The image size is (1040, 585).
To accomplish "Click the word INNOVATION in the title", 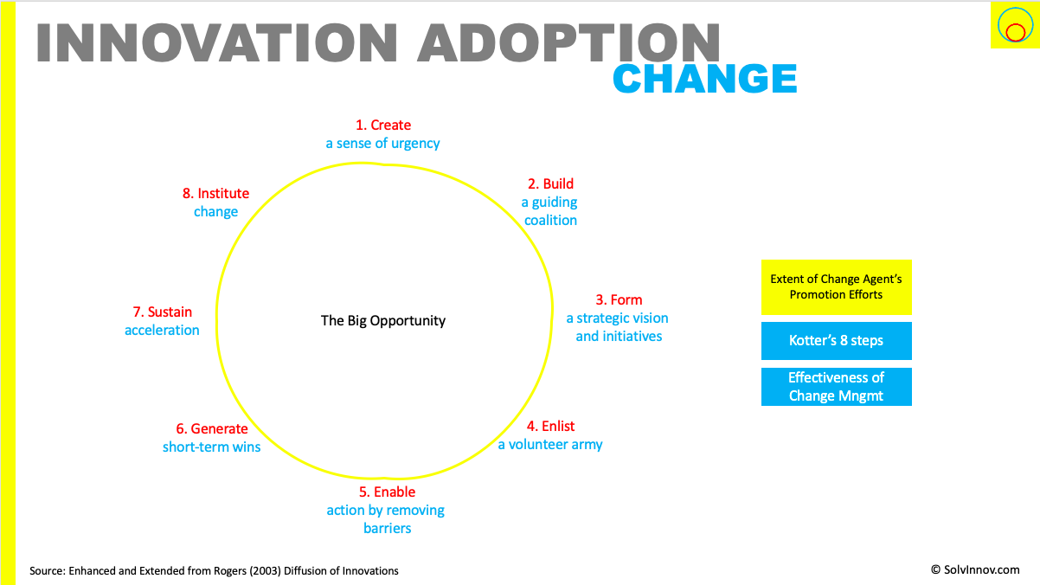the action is (x=217, y=42).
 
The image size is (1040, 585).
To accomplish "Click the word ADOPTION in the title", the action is (x=568, y=42).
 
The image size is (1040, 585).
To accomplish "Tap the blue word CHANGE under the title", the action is (x=705, y=79).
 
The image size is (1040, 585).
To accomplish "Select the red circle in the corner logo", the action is (x=1016, y=33).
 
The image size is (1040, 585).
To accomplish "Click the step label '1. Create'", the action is (x=383, y=125).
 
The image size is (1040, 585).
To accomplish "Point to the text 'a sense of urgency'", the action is (x=382, y=144).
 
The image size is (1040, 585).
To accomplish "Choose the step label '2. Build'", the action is (x=550, y=183).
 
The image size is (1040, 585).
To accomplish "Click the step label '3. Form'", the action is (x=619, y=300).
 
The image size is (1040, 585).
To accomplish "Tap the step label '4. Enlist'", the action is (x=550, y=427).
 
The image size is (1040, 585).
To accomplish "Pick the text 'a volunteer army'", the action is (x=550, y=445).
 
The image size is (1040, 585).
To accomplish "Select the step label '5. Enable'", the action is (x=387, y=492).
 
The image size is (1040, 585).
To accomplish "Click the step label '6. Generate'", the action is (x=212, y=428).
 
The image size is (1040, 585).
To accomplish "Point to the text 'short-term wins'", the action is (x=211, y=447).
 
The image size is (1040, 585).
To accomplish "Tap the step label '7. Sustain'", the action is (x=162, y=312).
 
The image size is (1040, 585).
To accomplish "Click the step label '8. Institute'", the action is (x=215, y=193).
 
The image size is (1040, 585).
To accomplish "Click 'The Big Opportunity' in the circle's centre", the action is (x=383, y=321).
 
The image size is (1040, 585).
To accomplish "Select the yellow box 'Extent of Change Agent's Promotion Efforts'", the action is (x=836, y=287).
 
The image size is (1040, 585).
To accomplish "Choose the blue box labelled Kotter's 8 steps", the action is (x=836, y=341).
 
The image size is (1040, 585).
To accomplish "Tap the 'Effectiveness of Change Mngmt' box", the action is (x=836, y=387).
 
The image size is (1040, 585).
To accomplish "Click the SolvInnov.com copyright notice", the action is (x=975, y=570).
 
